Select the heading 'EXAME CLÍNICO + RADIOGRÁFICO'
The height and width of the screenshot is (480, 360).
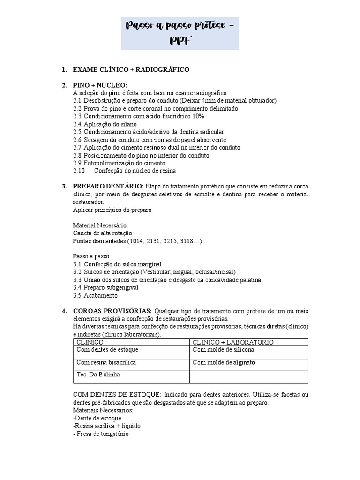(131, 69)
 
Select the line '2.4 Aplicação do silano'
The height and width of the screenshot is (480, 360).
(105, 124)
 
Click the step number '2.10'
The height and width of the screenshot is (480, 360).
(79, 171)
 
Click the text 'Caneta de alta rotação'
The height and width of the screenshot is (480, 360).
(103, 233)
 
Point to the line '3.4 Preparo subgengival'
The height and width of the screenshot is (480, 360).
(105, 287)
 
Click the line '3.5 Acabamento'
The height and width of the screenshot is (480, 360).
(95, 295)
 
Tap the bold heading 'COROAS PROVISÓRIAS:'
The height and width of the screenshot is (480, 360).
(112, 311)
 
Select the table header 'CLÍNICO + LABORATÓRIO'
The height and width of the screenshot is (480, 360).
(233, 342)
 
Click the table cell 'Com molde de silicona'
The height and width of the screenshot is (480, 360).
(224, 350)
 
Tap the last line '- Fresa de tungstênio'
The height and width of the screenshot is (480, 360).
(101, 434)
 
